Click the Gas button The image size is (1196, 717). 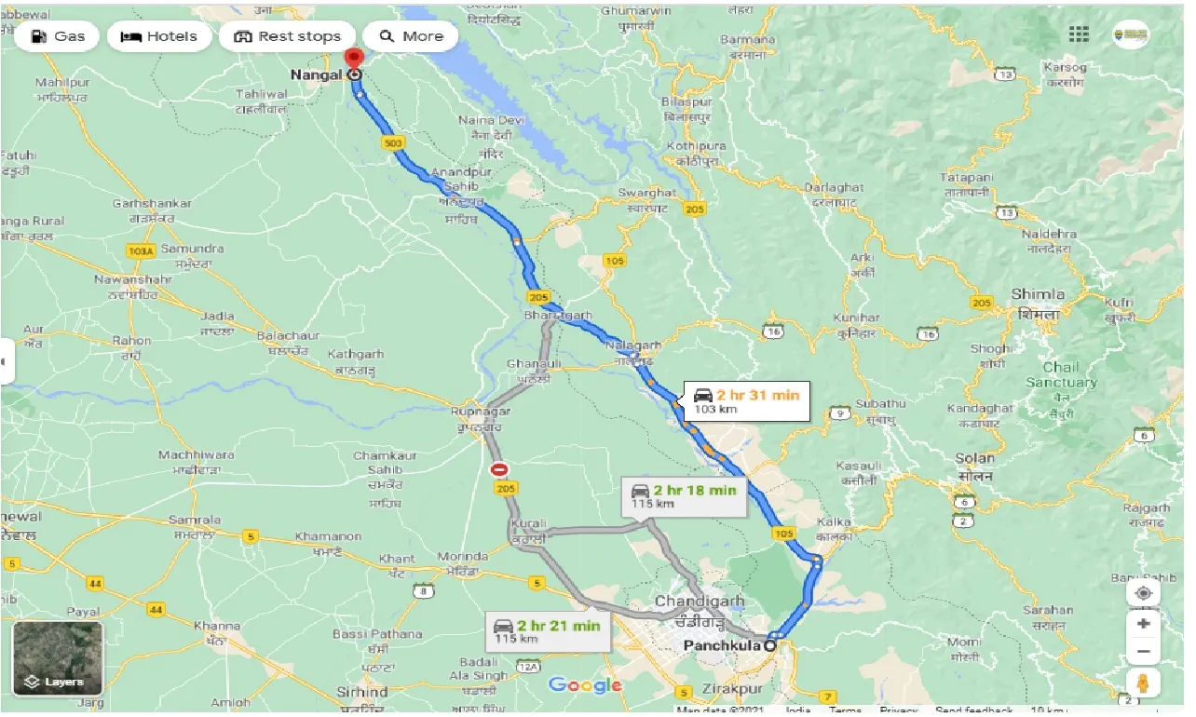(58, 36)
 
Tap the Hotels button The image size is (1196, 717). (160, 36)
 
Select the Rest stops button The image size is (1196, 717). (287, 36)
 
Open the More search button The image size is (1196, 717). (411, 36)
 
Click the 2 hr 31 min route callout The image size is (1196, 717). (746, 401)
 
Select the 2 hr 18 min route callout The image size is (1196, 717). (684, 496)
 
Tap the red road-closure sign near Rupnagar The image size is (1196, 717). (500, 470)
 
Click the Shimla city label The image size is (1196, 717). (1037, 295)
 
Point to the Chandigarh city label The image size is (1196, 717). (699, 602)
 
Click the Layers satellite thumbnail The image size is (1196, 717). (58, 658)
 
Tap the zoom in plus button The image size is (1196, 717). (1144, 623)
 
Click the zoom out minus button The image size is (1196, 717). (1144, 651)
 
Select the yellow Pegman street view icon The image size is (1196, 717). (1144, 683)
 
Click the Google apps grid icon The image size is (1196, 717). (1079, 34)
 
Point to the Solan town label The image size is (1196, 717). (974, 458)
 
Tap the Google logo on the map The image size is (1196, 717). (585, 685)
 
